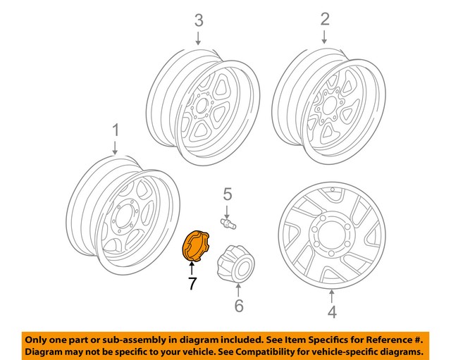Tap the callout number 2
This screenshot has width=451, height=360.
pyautogui.click(x=324, y=19)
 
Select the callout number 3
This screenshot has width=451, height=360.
pyautogui.click(x=198, y=19)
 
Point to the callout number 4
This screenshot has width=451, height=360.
pyautogui.click(x=332, y=311)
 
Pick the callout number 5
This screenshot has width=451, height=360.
pyautogui.click(x=228, y=193)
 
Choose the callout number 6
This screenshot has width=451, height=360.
pyautogui.click(x=238, y=305)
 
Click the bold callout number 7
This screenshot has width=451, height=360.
pyautogui.click(x=190, y=285)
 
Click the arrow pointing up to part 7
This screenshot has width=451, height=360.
pyautogui.click(x=190, y=268)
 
